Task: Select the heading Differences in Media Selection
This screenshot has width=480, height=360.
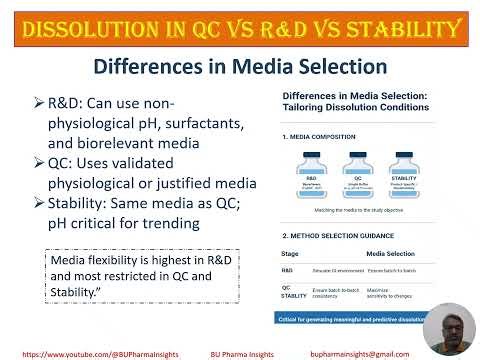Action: point(241,68)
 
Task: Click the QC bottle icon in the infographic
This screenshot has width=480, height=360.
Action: point(355,162)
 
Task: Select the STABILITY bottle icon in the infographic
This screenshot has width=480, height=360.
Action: point(408,162)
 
